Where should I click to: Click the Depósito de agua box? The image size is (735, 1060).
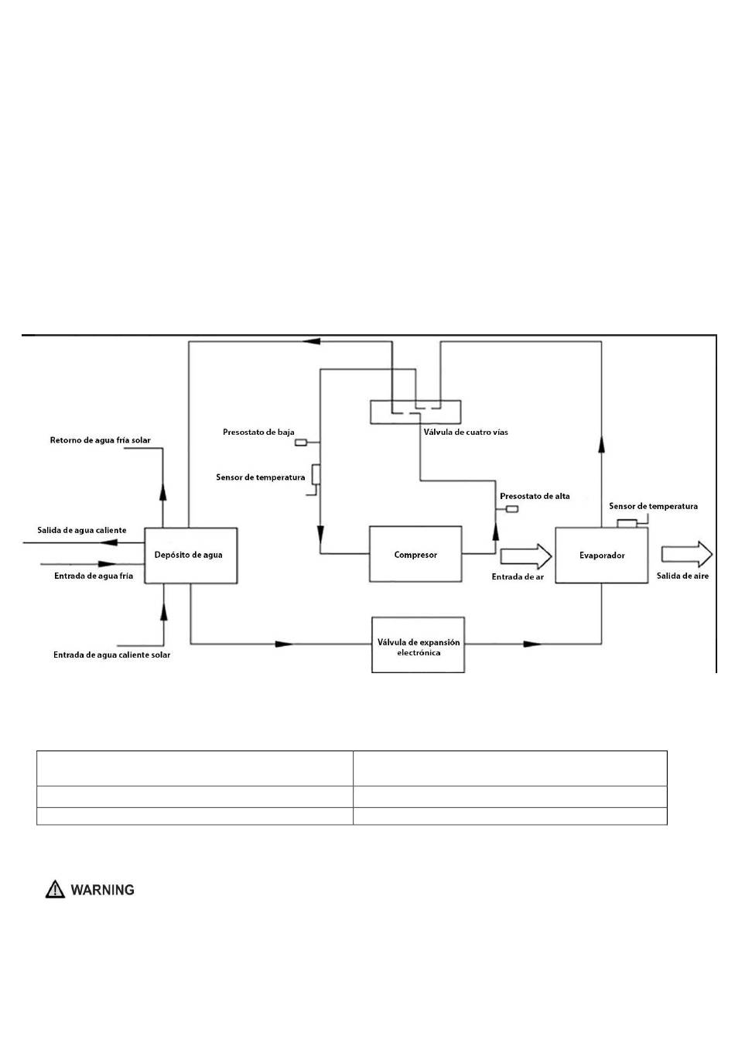pyautogui.click(x=190, y=555)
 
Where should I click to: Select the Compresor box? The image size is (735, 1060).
pyautogui.click(x=415, y=554)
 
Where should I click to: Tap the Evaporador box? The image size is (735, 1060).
pyautogui.click(x=601, y=555)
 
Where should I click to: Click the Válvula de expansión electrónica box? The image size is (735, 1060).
pyautogui.click(x=418, y=645)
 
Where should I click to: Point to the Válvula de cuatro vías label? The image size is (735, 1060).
pyautogui.click(x=466, y=432)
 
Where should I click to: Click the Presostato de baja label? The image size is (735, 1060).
pyautogui.click(x=258, y=432)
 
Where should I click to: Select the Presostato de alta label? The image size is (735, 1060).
pyautogui.click(x=535, y=496)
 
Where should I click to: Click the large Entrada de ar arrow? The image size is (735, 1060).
pyautogui.click(x=526, y=556)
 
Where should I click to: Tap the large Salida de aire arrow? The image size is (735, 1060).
pyautogui.click(x=687, y=554)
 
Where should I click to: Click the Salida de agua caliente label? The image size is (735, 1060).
pyautogui.click(x=82, y=530)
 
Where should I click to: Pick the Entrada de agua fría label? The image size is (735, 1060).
pyautogui.click(x=94, y=576)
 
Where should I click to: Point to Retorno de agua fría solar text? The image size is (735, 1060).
pyautogui.click(x=101, y=440)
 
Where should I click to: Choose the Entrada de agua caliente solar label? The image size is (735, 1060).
pyautogui.click(x=111, y=655)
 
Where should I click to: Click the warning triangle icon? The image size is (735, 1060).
pyautogui.click(x=55, y=889)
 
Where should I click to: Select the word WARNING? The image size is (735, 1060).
pyautogui.click(x=102, y=890)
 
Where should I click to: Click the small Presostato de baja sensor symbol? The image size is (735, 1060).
pyautogui.click(x=301, y=443)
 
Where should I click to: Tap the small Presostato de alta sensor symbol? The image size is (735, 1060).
pyautogui.click(x=512, y=509)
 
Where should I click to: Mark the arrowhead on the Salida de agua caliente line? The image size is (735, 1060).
pyautogui.click(x=108, y=542)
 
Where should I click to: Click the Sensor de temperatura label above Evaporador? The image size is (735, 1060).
pyautogui.click(x=653, y=506)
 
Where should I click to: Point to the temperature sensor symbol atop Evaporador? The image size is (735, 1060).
pyautogui.click(x=627, y=523)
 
